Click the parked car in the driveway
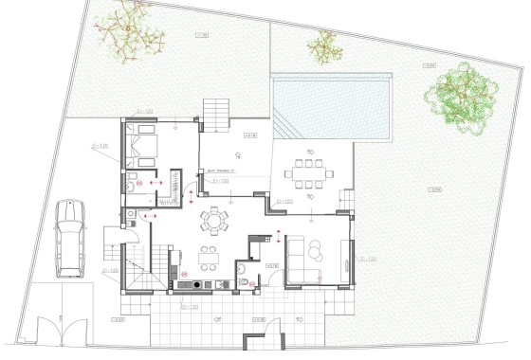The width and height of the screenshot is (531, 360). pyautogui.click(x=70, y=239)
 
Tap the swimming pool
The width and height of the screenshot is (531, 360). pyautogui.click(x=332, y=107)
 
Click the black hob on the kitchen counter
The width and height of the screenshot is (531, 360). pyautogui.click(x=196, y=283)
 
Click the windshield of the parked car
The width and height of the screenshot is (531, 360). pyautogui.click(x=70, y=227)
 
